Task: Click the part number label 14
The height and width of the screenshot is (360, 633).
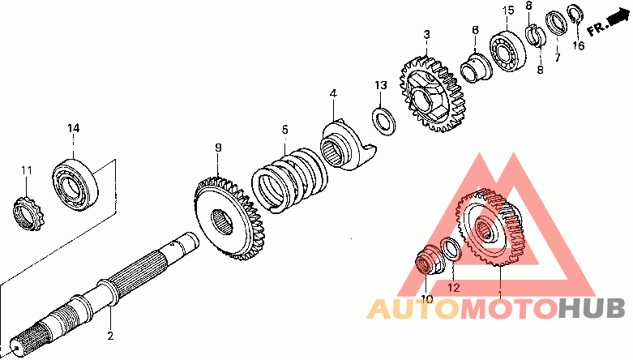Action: click(x=73, y=128)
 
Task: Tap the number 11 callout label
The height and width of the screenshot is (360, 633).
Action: click(x=26, y=170)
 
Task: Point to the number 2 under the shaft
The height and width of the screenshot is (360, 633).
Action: click(x=110, y=335)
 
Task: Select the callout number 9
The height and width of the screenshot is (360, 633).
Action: click(x=218, y=147)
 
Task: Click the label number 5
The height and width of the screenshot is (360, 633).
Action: click(x=284, y=129)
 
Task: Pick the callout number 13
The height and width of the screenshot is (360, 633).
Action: click(x=381, y=85)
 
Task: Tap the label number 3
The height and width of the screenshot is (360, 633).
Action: click(x=426, y=35)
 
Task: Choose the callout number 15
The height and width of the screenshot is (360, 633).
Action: click(x=507, y=11)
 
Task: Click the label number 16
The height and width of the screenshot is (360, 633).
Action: click(x=578, y=46)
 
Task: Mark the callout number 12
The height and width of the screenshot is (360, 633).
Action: click(x=454, y=287)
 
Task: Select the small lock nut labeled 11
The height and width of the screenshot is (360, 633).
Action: click(x=26, y=212)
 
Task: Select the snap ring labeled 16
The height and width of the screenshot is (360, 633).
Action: click(x=575, y=15)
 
